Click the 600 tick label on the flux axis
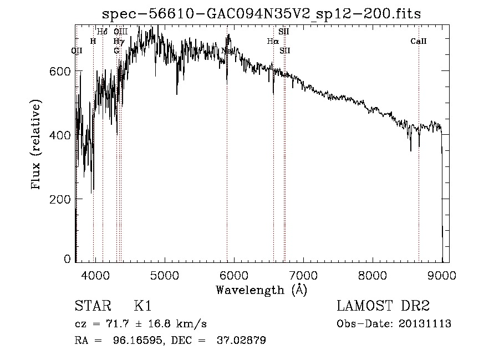coord(63,71)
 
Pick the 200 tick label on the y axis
coord(63,199)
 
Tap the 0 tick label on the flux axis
coord(68,259)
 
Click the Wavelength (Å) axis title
coord(261,290)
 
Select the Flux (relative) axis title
coord(37,145)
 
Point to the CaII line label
coord(419,41)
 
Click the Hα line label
coord(272,41)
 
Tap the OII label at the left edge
coord(77,50)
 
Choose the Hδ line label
coord(103,32)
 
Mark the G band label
coord(116,50)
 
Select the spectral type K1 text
coord(142,306)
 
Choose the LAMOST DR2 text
coord(383,306)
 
